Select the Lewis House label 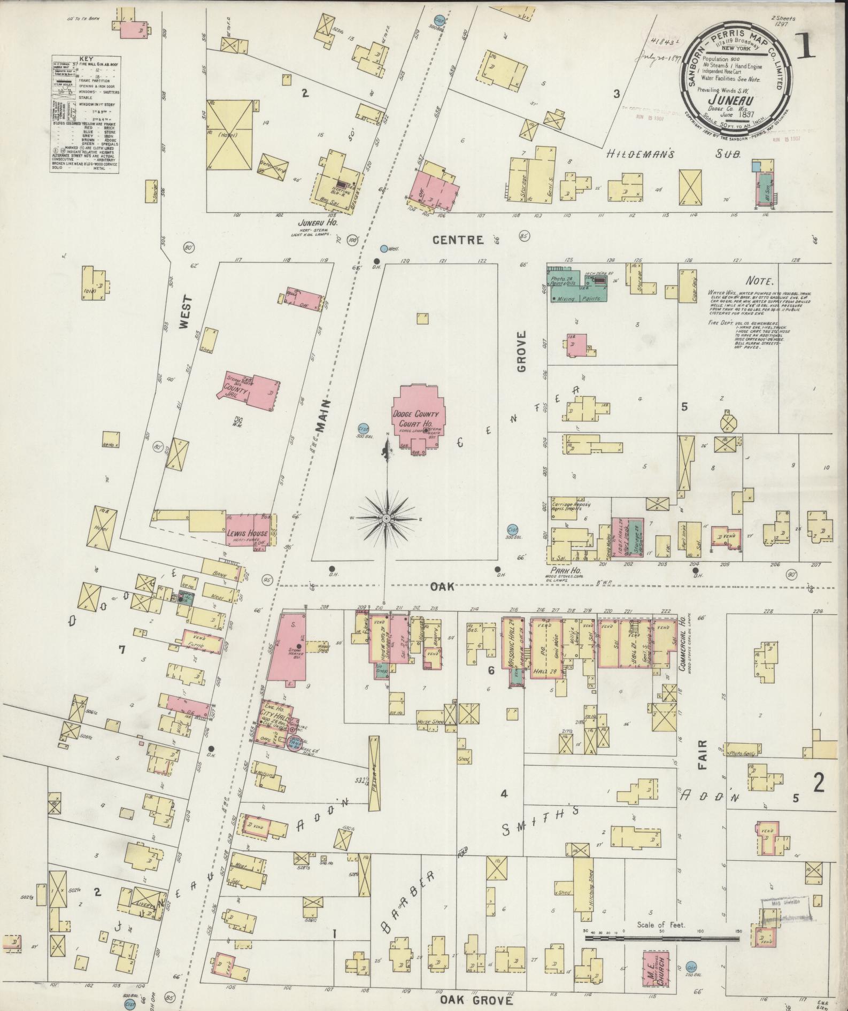[x=238, y=533]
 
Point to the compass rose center [x=386, y=519]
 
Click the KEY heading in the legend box [x=86, y=59]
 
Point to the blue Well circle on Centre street [x=383, y=248]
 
